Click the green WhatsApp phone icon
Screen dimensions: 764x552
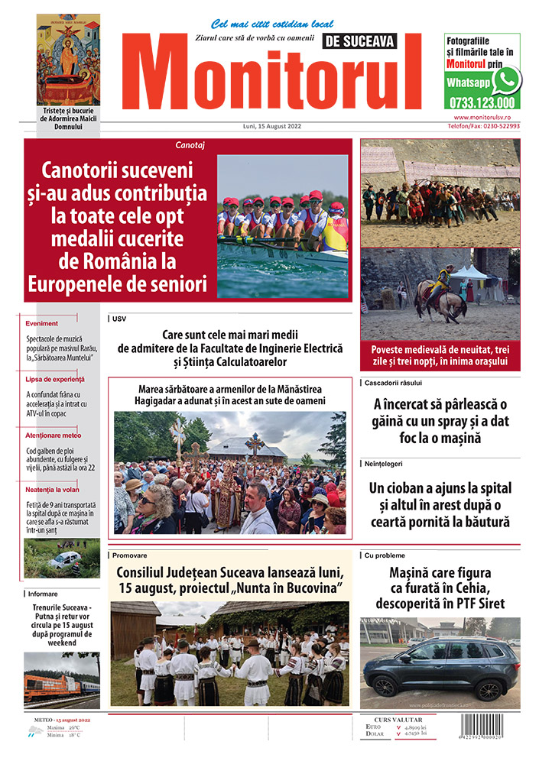(x=506, y=79)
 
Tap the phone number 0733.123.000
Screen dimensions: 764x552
(x=482, y=102)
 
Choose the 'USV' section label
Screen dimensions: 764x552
(x=119, y=318)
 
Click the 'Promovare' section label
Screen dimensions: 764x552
(x=128, y=555)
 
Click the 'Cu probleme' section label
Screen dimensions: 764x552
(x=385, y=555)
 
